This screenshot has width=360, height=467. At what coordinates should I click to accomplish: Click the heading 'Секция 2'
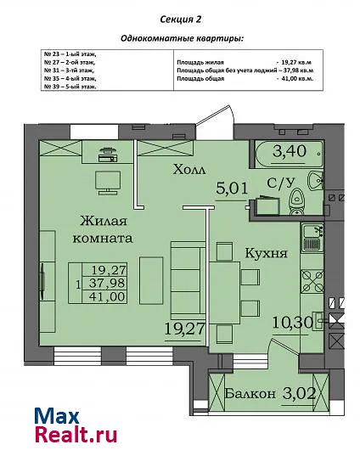tap(181, 20)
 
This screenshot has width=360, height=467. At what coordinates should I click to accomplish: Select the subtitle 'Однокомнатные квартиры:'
tap(182, 39)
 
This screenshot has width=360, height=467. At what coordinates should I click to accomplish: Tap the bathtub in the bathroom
tap(289, 154)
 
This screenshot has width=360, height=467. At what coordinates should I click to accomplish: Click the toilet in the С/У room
tap(296, 201)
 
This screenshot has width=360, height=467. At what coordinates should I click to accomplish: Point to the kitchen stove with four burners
tap(312, 281)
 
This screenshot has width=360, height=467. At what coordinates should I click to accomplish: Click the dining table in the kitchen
tap(225, 293)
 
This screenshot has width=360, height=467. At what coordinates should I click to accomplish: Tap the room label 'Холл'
tap(189, 170)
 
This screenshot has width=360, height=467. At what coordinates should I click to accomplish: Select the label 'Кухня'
tap(266, 253)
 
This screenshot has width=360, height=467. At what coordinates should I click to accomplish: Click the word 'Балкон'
tap(250, 394)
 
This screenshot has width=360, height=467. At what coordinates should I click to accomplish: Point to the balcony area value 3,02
tap(299, 393)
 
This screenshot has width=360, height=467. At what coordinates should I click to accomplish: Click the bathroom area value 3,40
tap(290, 151)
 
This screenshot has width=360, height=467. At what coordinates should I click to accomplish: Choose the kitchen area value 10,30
tap(293, 322)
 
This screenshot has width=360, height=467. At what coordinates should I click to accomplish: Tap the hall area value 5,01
tap(232, 188)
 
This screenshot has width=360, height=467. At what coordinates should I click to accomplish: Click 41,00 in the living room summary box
tap(108, 296)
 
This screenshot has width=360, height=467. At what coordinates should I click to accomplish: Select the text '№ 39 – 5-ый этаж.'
tap(70, 87)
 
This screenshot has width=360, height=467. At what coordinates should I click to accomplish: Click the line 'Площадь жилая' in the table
tap(200, 63)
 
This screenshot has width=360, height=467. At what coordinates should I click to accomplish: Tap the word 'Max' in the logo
tap(57, 416)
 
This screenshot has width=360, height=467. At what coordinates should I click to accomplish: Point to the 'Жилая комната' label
tap(103, 229)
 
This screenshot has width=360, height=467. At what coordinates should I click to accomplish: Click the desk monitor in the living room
tap(108, 183)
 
